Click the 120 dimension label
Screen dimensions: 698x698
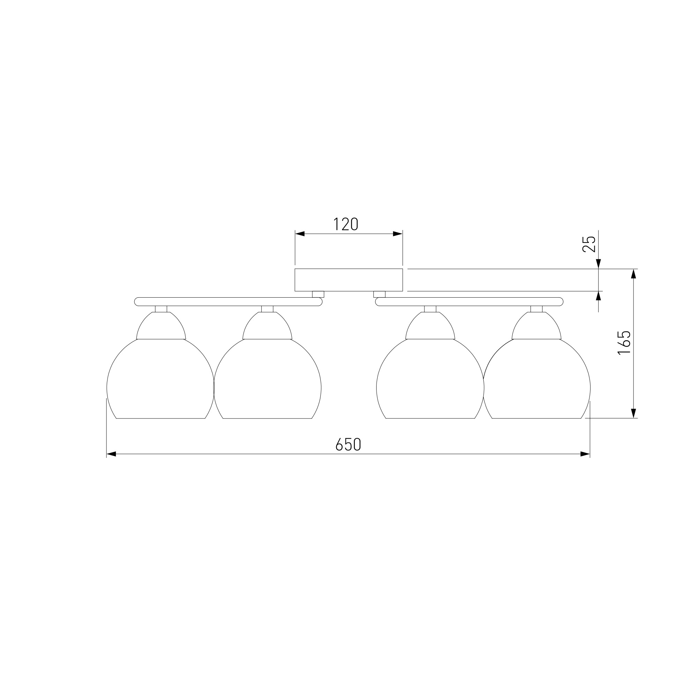tap(346, 224)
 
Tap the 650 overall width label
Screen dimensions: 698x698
tap(348, 444)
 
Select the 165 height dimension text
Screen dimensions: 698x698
tap(624, 343)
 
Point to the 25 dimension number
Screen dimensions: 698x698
tap(589, 244)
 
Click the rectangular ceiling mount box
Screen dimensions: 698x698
tap(349, 280)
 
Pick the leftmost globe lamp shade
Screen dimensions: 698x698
tap(161, 379)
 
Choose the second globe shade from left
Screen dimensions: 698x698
tap(267, 379)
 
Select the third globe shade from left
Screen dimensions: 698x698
tap(430, 379)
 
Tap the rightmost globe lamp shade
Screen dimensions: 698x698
tap(536, 379)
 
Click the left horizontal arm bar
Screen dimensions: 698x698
tap(228, 302)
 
